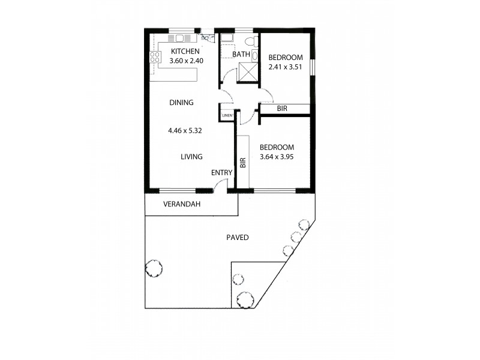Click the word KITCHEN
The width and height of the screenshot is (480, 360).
[x=185, y=52]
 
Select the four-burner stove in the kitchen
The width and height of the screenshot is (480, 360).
[x=155, y=58]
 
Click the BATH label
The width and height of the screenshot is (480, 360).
[x=241, y=55]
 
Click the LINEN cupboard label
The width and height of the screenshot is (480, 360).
[x=227, y=115]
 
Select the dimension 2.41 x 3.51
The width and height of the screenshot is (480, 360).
[x=286, y=67]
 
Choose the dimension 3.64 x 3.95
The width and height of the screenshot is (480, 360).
[x=277, y=157]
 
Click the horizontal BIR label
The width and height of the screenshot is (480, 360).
[x=283, y=109]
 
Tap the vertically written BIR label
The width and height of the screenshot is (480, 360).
[x=243, y=163]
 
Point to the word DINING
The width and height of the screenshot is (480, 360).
[x=181, y=103]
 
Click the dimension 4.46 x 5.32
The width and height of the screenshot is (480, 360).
[x=186, y=130]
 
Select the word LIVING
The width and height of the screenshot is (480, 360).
[x=192, y=157]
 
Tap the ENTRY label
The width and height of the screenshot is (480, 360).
[x=221, y=173]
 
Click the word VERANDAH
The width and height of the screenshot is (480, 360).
[x=182, y=205]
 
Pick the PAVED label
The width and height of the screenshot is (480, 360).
[x=238, y=238]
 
